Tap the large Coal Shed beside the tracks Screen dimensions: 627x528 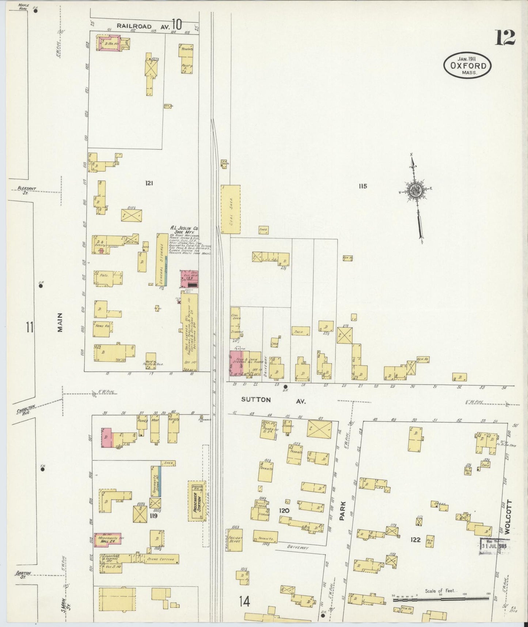(231, 209)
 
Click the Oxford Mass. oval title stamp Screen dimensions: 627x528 (467, 65)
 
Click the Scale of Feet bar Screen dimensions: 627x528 (440, 599)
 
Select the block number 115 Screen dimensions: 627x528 (362, 186)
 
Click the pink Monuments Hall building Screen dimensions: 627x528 (107, 539)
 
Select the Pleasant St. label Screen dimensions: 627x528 (27, 189)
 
